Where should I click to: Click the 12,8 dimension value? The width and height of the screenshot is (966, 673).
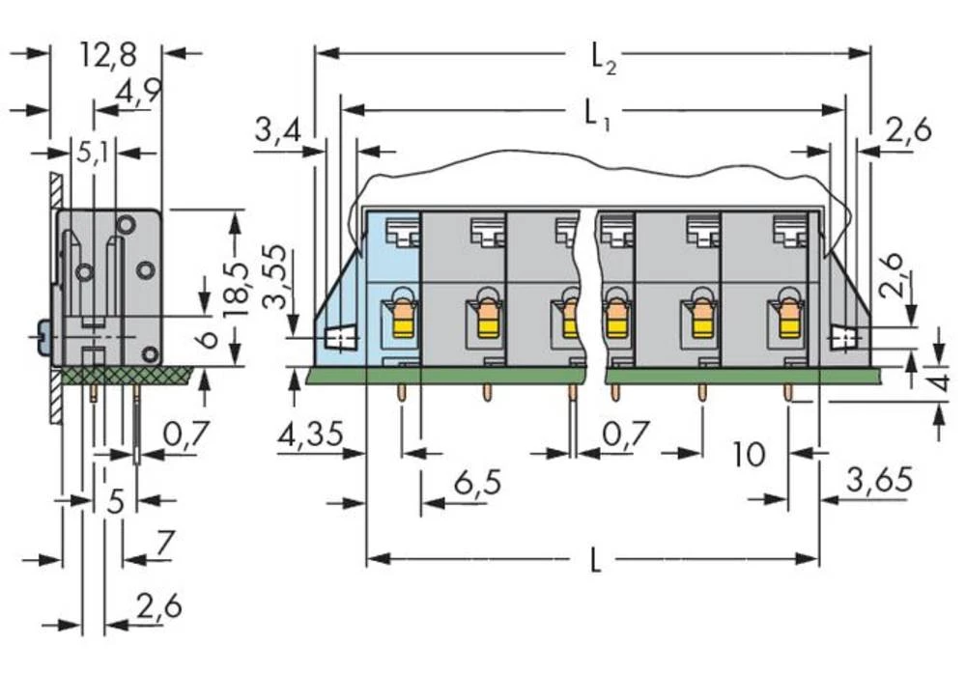point(107,55)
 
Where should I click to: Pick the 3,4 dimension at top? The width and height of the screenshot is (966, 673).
point(276,128)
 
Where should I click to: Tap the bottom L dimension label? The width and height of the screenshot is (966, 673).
point(594,560)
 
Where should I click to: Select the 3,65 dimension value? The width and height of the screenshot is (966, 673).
point(878,480)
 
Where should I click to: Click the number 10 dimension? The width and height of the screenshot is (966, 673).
point(749,453)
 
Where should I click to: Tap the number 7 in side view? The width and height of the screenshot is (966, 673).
point(163,546)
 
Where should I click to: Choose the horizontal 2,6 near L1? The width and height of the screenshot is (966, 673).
point(906,128)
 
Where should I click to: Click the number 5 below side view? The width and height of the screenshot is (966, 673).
point(115,501)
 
